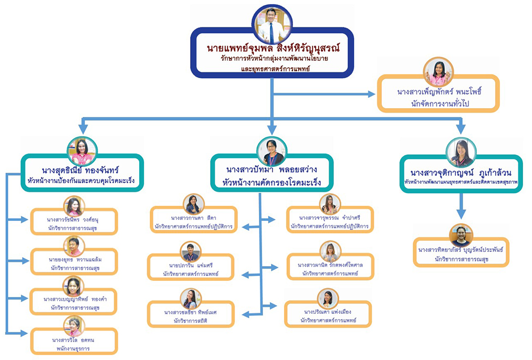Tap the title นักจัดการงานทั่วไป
440,103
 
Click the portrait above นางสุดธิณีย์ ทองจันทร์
82,151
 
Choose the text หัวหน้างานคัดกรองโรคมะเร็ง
272,183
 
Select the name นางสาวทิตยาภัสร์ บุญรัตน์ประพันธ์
461,249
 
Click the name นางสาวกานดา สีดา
193,217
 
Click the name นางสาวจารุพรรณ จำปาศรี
330,217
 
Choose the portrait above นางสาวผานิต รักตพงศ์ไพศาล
330,252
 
